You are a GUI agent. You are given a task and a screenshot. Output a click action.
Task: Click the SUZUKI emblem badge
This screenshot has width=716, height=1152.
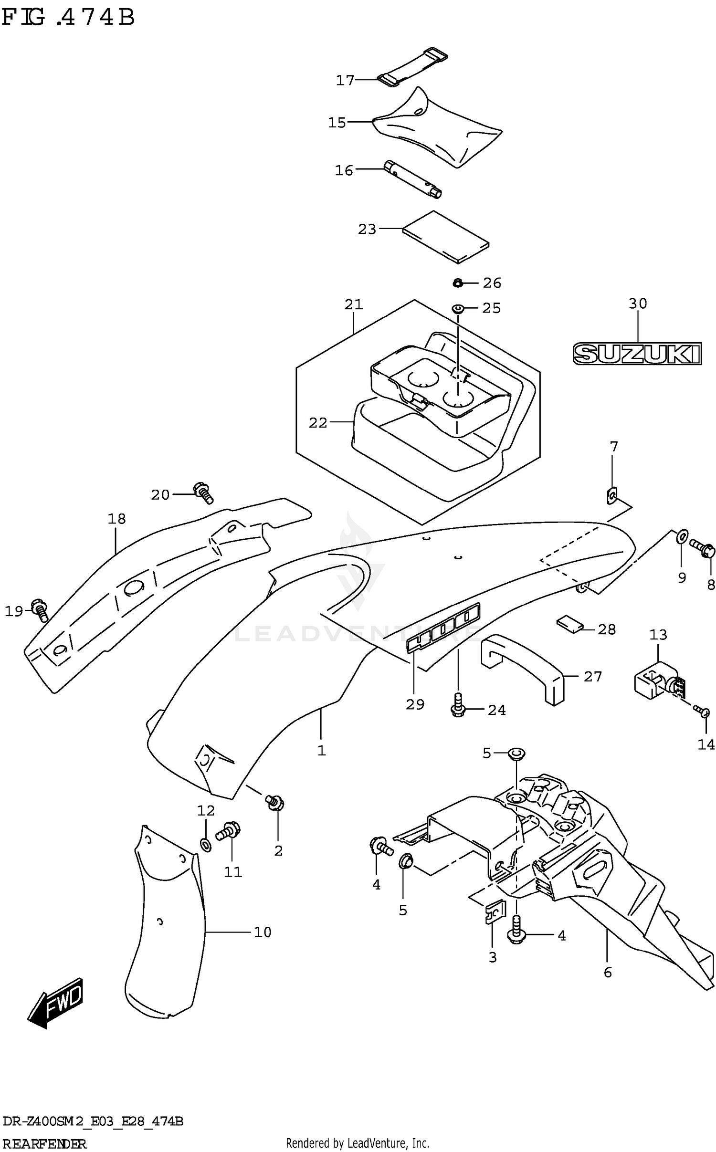637,354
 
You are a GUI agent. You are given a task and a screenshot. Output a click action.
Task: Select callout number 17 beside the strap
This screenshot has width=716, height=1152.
345,80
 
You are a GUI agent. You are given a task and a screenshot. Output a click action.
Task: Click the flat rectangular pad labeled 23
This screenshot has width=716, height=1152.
445,237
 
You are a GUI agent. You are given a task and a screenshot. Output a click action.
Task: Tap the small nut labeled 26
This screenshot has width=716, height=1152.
457,283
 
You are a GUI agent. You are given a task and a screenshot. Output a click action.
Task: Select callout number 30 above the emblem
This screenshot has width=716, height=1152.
637,304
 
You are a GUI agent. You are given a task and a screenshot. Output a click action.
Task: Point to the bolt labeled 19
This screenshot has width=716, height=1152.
40,610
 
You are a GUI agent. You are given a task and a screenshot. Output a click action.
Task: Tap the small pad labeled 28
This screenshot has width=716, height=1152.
570,624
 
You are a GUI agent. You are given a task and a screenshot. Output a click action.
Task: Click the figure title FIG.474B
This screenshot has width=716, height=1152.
68,18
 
